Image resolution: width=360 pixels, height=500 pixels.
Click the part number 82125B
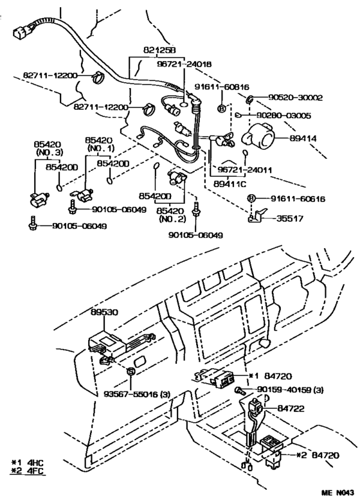(159, 50)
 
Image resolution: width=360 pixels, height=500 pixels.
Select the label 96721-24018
(184, 64)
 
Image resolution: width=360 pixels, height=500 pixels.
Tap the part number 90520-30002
(295, 98)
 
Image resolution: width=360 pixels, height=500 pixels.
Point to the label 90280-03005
(283, 116)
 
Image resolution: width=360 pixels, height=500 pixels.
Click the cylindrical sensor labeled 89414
(258, 138)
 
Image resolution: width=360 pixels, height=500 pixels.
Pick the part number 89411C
(230, 184)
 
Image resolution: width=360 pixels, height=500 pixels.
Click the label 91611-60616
(298, 199)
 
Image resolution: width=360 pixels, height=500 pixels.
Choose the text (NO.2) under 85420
(172, 219)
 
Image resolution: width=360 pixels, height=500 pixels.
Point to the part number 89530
(104, 312)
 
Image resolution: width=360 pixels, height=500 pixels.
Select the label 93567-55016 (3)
(137, 394)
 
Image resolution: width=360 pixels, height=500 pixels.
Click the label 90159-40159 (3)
(290, 389)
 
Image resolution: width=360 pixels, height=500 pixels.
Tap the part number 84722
(291, 408)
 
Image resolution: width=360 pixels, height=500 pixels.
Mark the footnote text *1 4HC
(28, 462)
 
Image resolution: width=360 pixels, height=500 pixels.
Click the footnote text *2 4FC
(28, 470)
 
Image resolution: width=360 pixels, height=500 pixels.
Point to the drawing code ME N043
(337, 493)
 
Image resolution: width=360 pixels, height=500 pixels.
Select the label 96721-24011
(244, 170)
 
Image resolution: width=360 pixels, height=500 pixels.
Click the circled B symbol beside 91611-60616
(251, 199)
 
